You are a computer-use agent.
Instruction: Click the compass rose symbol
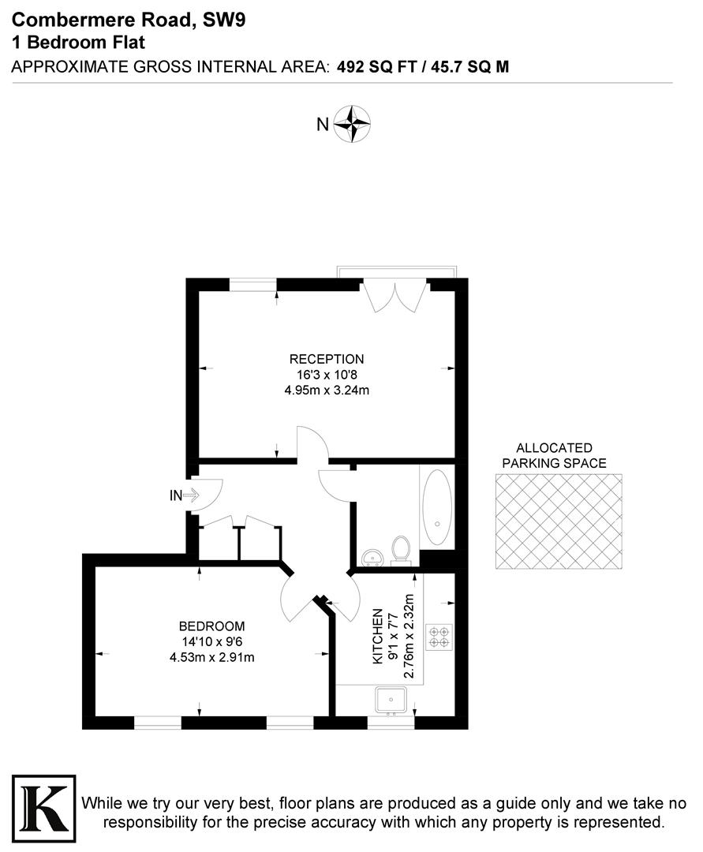(x=352, y=123)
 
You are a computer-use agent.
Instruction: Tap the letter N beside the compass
(x=322, y=124)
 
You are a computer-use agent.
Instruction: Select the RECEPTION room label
(x=327, y=359)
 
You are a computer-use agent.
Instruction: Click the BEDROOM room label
(x=211, y=626)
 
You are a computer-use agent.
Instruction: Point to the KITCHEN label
(x=379, y=635)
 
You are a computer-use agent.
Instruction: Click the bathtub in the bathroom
(x=436, y=509)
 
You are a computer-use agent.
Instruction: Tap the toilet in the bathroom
(x=401, y=549)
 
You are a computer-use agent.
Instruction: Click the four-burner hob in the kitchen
(x=438, y=637)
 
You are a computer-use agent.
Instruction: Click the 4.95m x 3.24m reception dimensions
(x=327, y=390)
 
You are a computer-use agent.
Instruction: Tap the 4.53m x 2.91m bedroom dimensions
(x=211, y=657)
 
